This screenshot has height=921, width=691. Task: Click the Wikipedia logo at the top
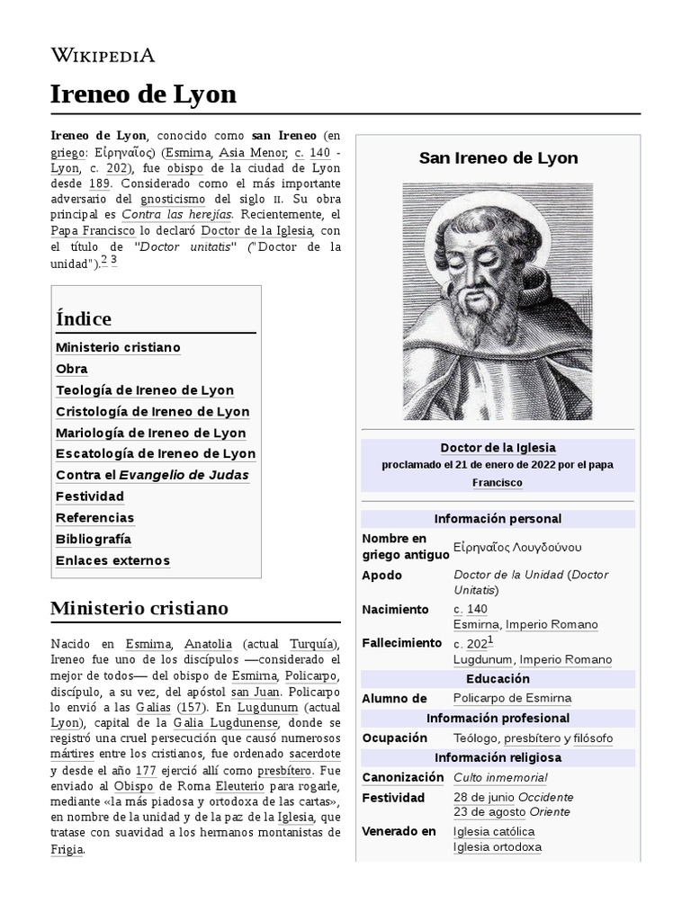tap(103, 55)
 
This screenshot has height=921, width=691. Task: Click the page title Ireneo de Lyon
tap(143, 94)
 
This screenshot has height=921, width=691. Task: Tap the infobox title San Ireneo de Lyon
tap(498, 158)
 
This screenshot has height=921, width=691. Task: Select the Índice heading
tap(84, 318)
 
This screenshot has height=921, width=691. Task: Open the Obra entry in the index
tap(72, 369)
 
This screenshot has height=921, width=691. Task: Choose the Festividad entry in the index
tap(90, 496)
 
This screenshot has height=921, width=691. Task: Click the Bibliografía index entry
tap(94, 539)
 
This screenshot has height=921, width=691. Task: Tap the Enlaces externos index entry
tap(112, 560)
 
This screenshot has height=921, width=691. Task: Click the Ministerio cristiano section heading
tap(139, 608)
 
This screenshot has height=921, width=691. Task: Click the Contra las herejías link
tap(176, 214)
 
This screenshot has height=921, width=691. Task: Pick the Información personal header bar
tap(498, 519)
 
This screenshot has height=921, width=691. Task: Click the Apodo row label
tap(381, 576)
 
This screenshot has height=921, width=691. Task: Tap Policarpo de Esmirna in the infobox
tap(512, 698)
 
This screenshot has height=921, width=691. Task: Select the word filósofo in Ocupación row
tap(593, 738)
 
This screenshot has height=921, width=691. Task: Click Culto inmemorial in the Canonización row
tap(500, 778)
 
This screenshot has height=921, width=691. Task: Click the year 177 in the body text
tap(146, 770)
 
